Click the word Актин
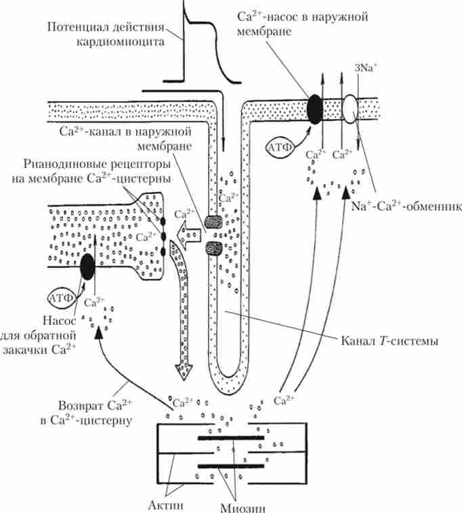(x=169, y=504)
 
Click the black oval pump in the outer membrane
(x=315, y=108)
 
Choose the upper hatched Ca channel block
(x=213, y=221)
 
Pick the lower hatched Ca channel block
(x=213, y=248)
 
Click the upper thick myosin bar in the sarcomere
(x=230, y=439)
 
